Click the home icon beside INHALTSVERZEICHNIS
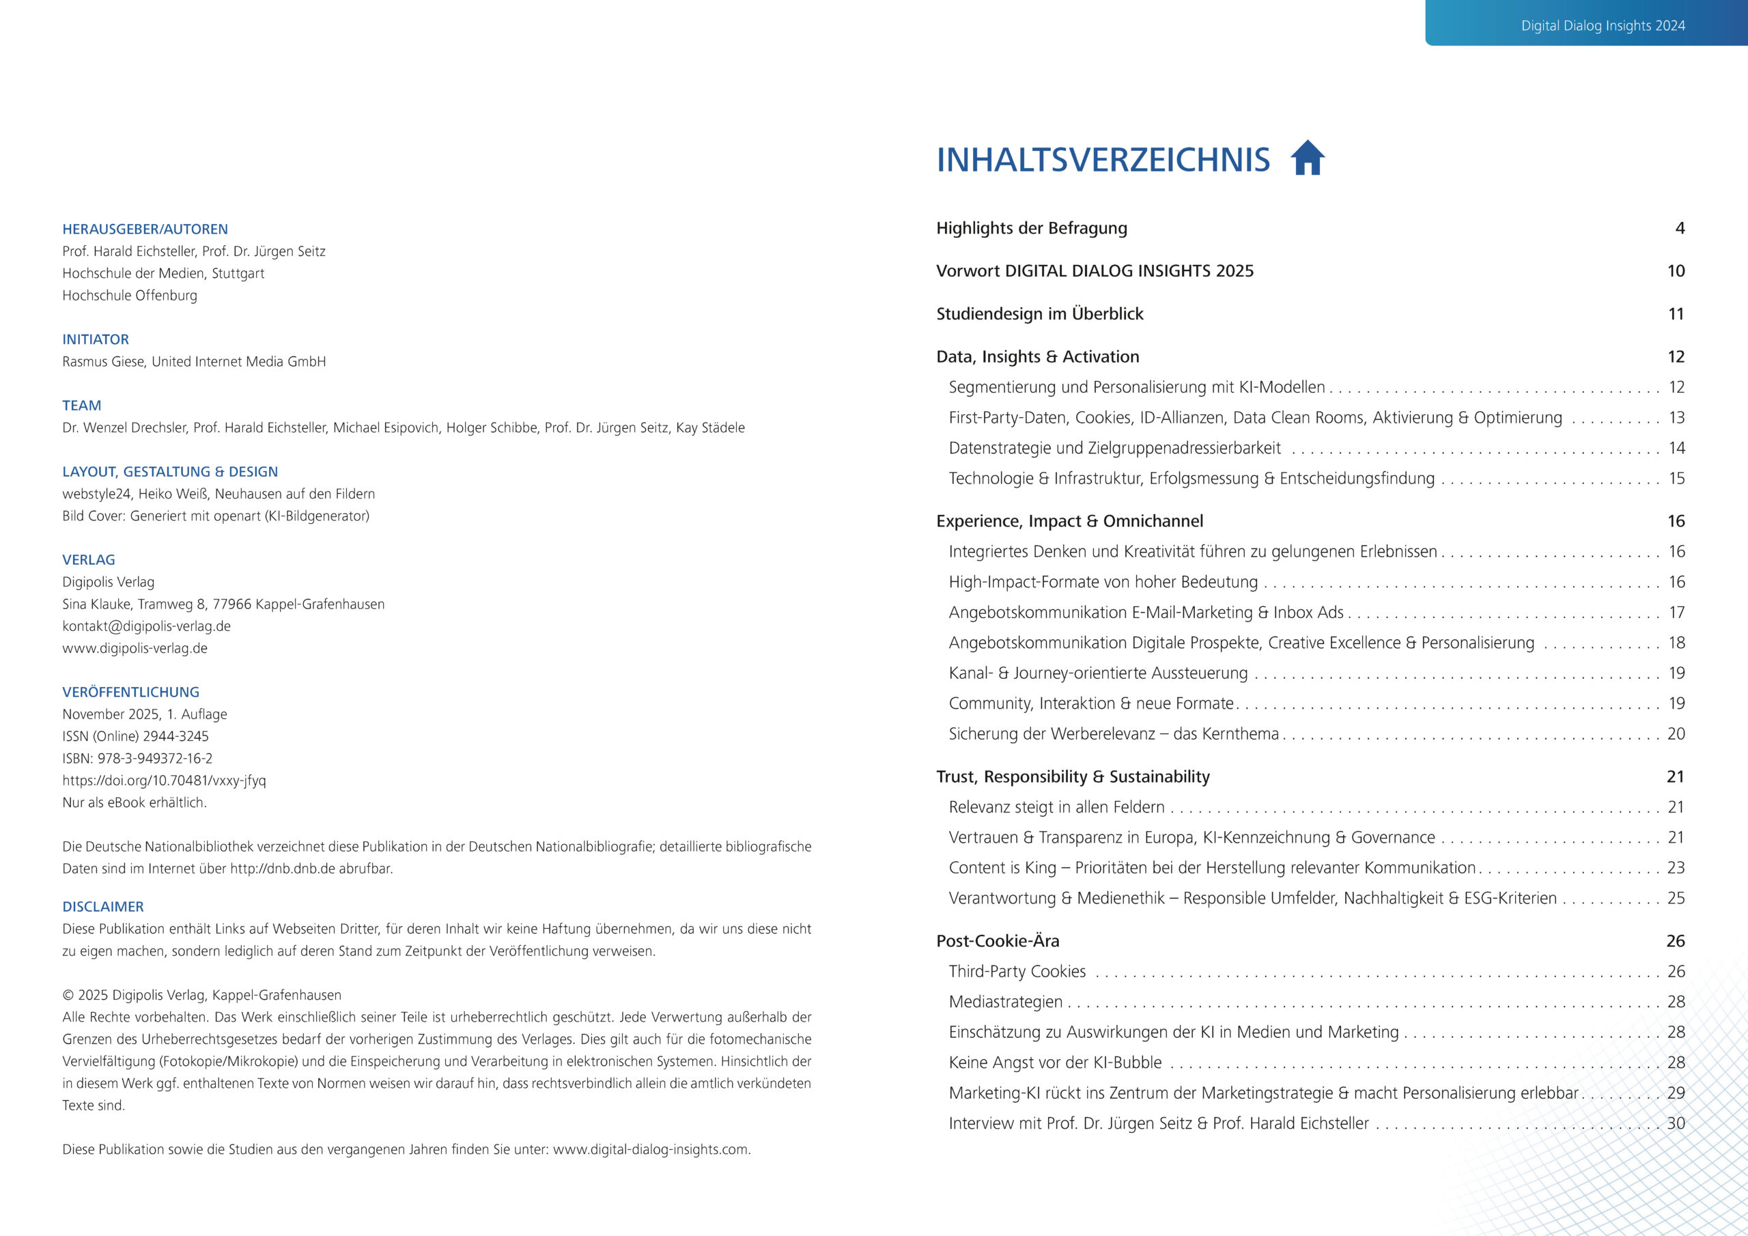tap(1308, 158)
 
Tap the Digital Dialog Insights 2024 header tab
tap(1603, 25)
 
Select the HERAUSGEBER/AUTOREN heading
tap(145, 229)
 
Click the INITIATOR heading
tap(95, 339)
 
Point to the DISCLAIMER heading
tap(103, 906)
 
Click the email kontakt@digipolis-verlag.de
tap(146, 626)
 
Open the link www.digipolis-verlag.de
tap(135, 648)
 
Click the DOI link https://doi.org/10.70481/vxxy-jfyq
tap(164, 781)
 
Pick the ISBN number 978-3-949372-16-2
tap(154, 759)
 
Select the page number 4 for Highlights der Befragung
tap(1680, 229)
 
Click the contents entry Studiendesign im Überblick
tap(1039, 313)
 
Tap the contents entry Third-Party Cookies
tap(1017, 971)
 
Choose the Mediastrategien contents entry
tap(1005, 1002)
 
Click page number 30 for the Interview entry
tap(1676, 1123)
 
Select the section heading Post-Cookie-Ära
tap(998, 940)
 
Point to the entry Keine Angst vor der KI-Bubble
tap(1054, 1063)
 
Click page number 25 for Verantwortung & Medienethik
tap(1676, 898)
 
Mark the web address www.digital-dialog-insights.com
tap(650, 1149)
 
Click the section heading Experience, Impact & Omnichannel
tap(1069, 521)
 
